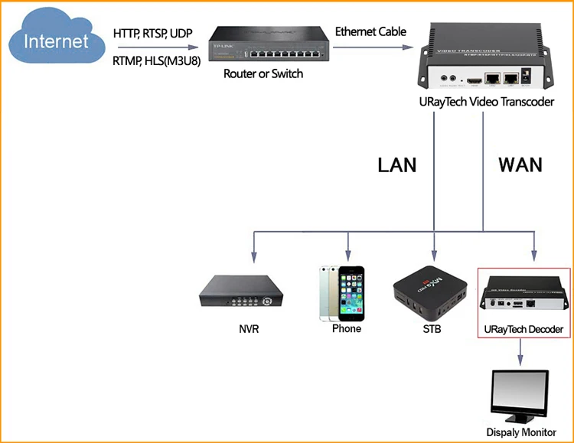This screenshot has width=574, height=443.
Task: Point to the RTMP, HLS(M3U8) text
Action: (157, 61)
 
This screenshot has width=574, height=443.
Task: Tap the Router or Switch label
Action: (263, 74)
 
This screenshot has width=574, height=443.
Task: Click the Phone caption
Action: (347, 329)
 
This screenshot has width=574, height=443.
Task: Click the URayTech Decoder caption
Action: (524, 330)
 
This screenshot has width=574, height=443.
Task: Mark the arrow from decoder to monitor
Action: (521, 351)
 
